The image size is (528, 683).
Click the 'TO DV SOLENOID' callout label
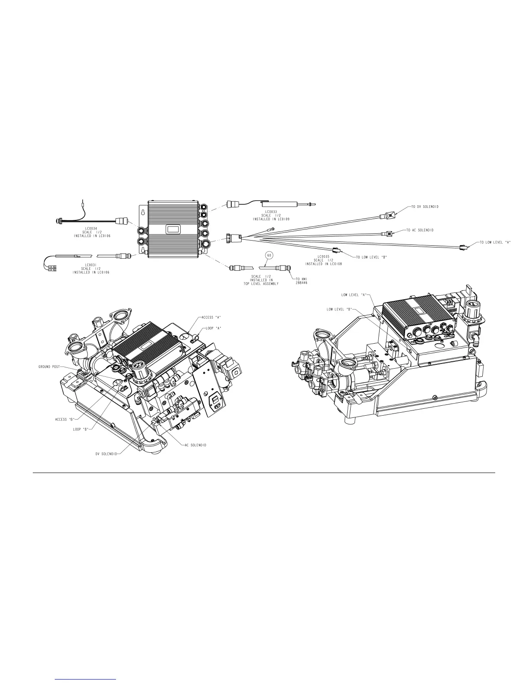[424, 207]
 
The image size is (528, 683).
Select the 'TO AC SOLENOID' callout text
[421, 230]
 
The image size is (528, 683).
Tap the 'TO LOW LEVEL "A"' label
[495, 242]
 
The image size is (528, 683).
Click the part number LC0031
[91, 265]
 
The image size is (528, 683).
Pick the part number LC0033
[271, 212]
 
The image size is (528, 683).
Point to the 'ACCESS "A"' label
[211, 317]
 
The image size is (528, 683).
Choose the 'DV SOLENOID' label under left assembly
[106, 453]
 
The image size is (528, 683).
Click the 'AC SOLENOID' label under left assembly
[195, 445]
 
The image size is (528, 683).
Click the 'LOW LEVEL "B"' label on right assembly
[339, 309]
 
